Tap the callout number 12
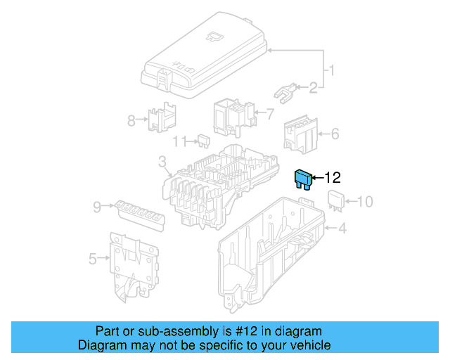click(x=332, y=179)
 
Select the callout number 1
click(x=332, y=70)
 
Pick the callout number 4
click(x=342, y=227)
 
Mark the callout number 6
click(x=335, y=133)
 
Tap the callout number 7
click(x=269, y=112)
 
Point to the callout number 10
click(x=364, y=202)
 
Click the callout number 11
click(x=179, y=141)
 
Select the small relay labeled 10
click(x=335, y=201)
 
